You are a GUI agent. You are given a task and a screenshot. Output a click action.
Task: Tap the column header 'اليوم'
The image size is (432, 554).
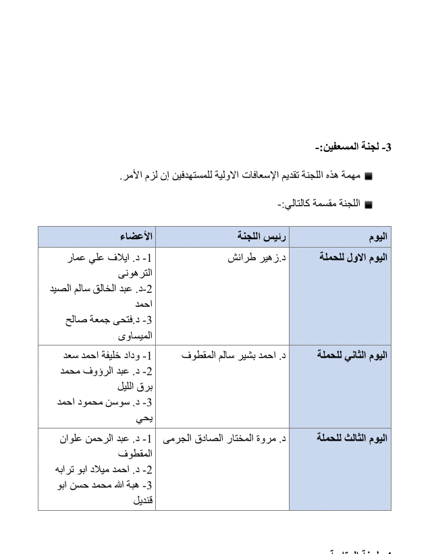[x=378, y=237]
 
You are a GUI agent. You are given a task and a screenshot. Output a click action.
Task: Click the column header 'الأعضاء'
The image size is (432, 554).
[x=136, y=237]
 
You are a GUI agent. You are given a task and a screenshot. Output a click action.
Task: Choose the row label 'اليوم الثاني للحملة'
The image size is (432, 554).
[x=352, y=356]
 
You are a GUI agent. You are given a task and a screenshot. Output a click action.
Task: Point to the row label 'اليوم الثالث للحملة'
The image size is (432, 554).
[x=352, y=438]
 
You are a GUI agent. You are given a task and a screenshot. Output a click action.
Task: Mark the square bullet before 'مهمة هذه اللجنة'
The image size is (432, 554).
[x=369, y=177]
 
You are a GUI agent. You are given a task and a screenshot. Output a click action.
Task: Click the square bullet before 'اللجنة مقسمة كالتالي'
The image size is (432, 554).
[x=369, y=204]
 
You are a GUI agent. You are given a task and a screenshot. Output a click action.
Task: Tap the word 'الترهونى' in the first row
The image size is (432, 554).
[x=135, y=274]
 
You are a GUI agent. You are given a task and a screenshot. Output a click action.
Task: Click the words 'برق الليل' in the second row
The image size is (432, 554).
[x=134, y=387]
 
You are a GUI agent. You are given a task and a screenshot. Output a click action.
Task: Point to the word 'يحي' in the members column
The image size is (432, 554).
[x=144, y=418]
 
